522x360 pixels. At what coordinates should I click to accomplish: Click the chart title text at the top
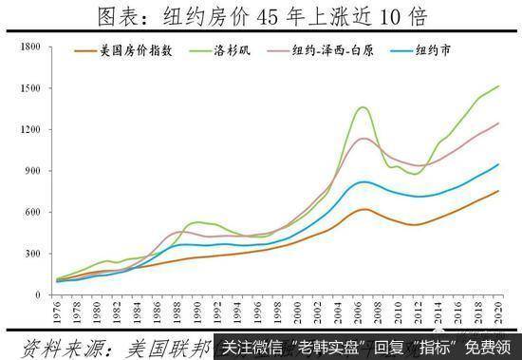click(260, 16)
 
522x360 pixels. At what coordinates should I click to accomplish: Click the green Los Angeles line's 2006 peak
click(362, 107)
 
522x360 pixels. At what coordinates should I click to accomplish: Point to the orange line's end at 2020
click(498, 191)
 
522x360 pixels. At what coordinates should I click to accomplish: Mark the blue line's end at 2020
click(498, 164)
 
